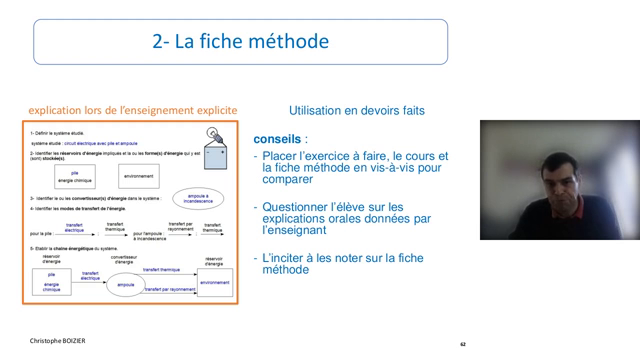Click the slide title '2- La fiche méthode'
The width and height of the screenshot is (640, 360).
tap(240, 42)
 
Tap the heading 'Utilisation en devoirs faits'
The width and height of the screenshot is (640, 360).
tap(355, 110)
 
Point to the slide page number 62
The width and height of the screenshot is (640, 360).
tap(463, 343)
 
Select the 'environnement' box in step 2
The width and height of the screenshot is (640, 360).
tap(139, 177)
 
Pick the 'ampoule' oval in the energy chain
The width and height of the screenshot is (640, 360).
tap(126, 285)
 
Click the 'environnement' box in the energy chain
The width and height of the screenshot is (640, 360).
tap(212, 283)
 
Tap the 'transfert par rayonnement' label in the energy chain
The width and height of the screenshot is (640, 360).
tap(169, 290)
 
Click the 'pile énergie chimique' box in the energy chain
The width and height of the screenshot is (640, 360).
tap(51, 283)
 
